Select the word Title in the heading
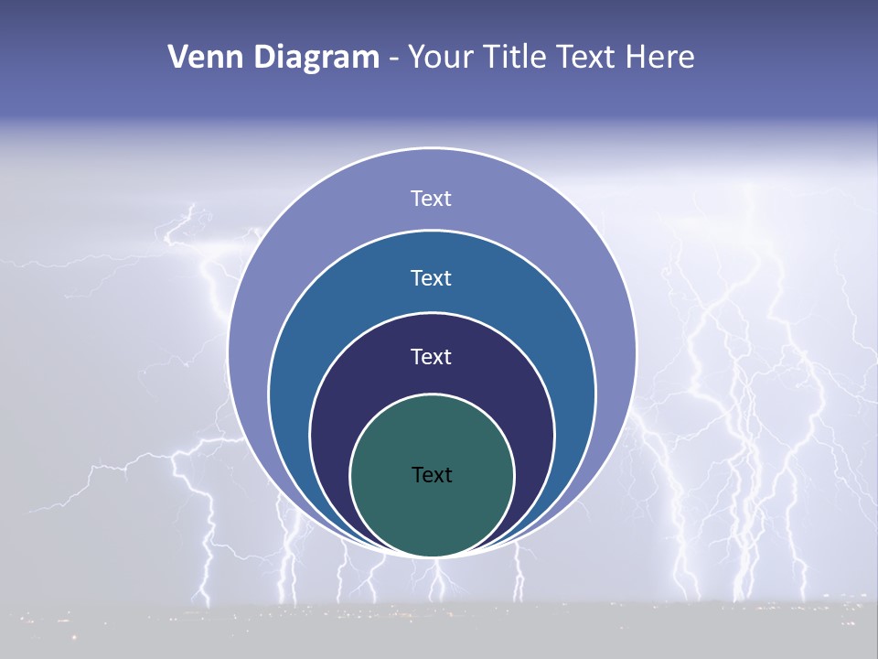point(520,58)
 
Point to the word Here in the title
point(659,58)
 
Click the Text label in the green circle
point(432,475)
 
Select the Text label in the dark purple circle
point(432,357)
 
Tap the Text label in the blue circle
point(432,278)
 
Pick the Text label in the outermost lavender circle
point(432,199)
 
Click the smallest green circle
point(432,513)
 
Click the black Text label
point(432,475)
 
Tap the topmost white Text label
point(432,199)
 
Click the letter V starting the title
point(177,58)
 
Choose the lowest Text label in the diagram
point(432,475)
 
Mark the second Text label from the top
point(432,278)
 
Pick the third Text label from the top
point(432,357)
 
